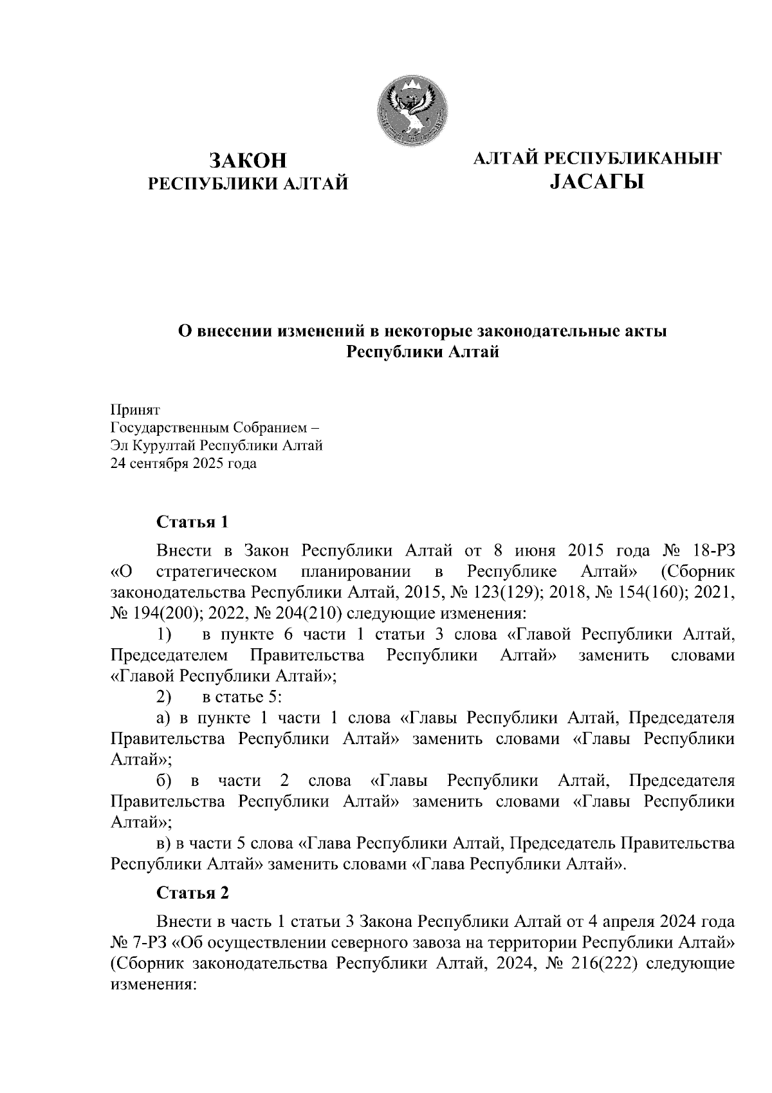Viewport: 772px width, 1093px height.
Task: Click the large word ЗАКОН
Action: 248,160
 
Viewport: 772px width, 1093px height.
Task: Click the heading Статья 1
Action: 192,521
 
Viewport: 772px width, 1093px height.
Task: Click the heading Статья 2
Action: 192,893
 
